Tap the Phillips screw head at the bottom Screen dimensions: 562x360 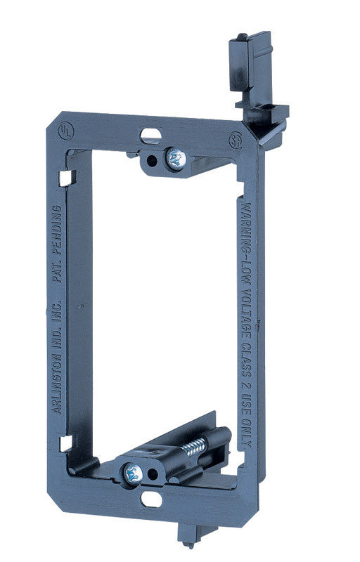[x=133, y=474]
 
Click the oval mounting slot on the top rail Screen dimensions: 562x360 [x=150, y=133]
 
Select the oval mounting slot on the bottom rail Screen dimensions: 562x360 [x=150, y=499]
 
